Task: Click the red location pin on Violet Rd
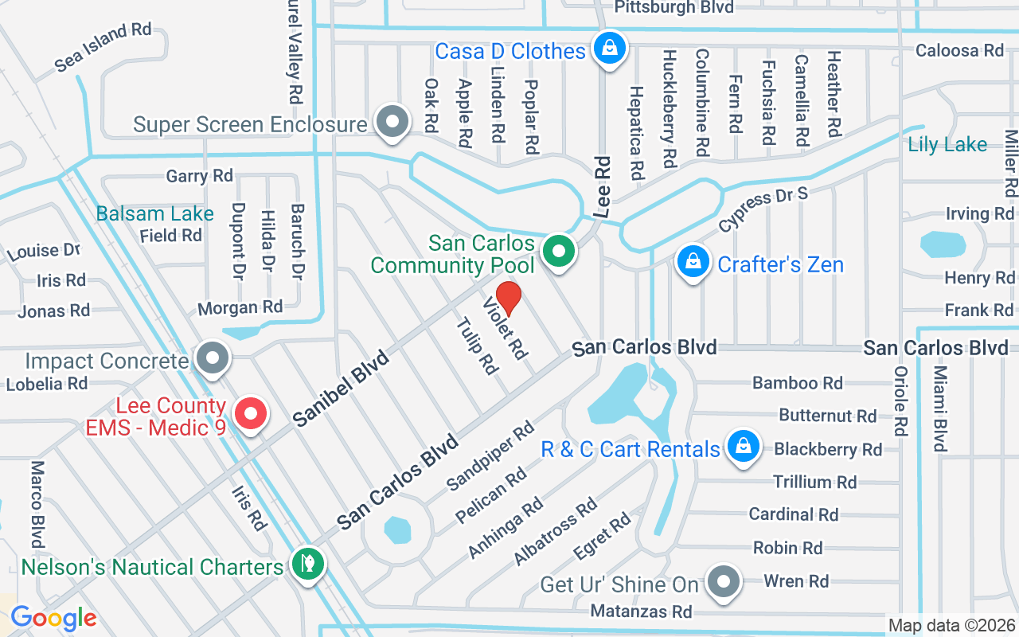pyautogui.click(x=509, y=298)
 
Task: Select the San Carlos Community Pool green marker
pyautogui.click(x=559, y=252)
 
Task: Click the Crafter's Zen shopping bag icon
pyautogui.click(x=693, y=261)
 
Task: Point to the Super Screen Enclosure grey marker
pyautogui.click(x=392, y=123)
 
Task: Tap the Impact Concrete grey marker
pyautogui.click(x=212, y=358)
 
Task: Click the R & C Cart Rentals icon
pyautogui.click(x=743, y=446)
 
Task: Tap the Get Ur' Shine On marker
pyautogui.click(x=723, y=581)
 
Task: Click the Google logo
pyautogui.click(x=53, y=617)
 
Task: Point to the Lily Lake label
pyautogui.click(x=947, y=145)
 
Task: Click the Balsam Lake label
pyautogui.click(x=154, y=213)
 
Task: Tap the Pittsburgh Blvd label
pyautogui.click(x=674, y=7)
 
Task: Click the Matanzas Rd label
pyautogui.click(x=641, y=612)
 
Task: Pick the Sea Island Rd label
pyautogui.click(x=103, y=47)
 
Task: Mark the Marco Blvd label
pyautogui.click(x=37, y=502)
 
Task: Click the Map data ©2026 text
pyautogui.click(x=951, y=625)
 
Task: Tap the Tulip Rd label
pyautogui.click(x=476, y=346)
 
